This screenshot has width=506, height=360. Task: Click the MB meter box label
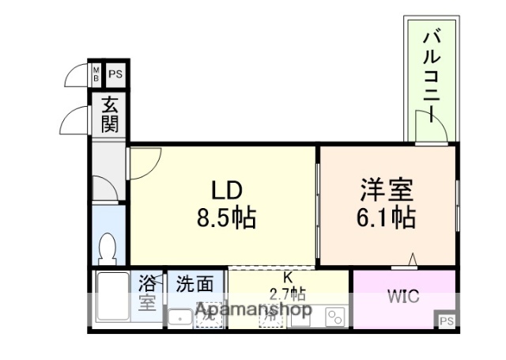(x=96, y=75)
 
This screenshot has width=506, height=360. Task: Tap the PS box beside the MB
(x=115, y=75)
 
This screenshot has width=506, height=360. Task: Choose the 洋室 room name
(x=387, y=190)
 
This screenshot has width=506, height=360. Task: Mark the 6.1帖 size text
(x=387, y=217)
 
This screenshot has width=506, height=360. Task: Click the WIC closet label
(x=403, y=297)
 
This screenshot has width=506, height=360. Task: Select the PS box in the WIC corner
(x=447, y=320)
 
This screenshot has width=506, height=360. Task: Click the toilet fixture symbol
(x=108, y=250)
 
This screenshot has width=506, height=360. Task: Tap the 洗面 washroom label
(x=194, y=284)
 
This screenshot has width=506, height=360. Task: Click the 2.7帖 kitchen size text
(x=289, y=291)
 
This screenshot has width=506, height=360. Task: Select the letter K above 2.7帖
(x=288, y=277)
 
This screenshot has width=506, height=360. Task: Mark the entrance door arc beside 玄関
(x=73, y=120)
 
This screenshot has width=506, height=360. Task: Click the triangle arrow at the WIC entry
(x=413, y=259)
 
